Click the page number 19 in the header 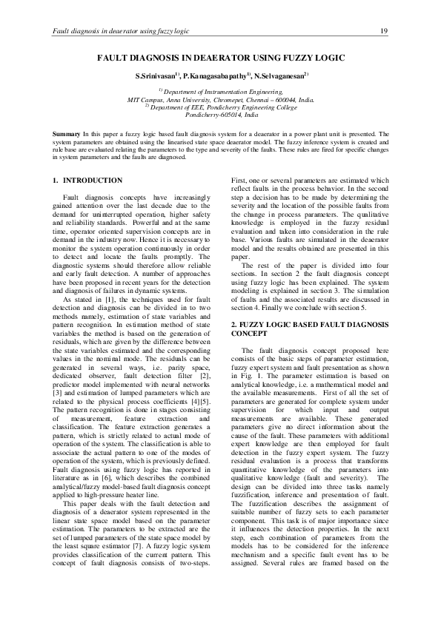(x=384, y=30)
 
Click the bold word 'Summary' (x=66, y=133)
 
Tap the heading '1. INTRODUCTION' (x=88, y=180)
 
